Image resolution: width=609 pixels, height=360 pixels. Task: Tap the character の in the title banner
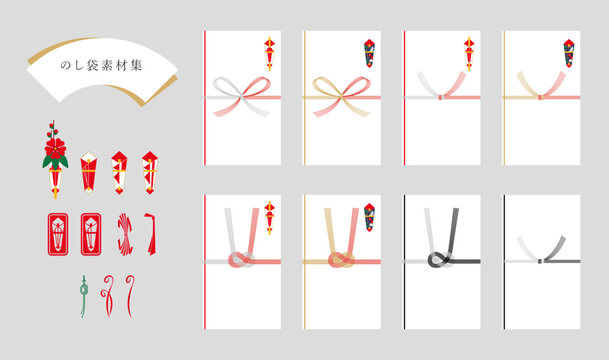65,66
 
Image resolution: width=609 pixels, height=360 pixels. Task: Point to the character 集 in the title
136,65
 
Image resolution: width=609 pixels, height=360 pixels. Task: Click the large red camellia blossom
55,148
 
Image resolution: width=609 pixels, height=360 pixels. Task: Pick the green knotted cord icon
84,296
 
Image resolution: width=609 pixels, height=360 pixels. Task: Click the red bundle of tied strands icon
125,234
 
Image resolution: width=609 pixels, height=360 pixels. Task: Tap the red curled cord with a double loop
108,296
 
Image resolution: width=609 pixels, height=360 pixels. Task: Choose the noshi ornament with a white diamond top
89,172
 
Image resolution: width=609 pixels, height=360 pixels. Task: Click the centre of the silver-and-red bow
242,96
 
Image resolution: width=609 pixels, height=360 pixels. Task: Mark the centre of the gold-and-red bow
341,96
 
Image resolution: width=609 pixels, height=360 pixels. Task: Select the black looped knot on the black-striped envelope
440,259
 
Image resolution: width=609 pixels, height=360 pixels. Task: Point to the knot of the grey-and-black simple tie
540,261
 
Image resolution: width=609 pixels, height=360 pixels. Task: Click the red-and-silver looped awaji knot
241,259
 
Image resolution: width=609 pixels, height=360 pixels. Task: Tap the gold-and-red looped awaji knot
341,259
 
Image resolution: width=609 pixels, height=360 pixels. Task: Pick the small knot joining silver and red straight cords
440,97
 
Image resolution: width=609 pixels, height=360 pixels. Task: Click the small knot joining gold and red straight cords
540,97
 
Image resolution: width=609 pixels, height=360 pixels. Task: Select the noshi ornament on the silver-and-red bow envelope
270,54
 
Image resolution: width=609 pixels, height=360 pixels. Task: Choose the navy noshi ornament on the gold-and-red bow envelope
369,53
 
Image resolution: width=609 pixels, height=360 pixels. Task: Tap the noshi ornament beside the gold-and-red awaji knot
369,217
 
